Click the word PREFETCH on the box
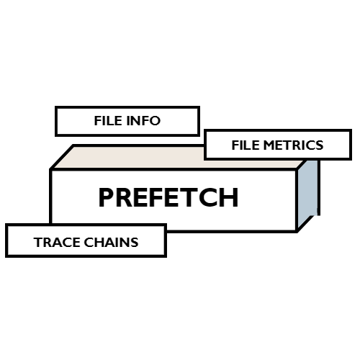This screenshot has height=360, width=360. (x=168, y=197)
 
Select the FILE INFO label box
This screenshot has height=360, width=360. (x=127, y=121)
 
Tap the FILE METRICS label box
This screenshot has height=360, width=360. (x=277, y=145)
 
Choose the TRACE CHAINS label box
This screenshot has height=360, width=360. (x=86, y=241)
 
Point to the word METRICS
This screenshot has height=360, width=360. (x=293, y=145)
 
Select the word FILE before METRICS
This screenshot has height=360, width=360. (x=245, y=145)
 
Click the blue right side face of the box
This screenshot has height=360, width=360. (x=307, y=191)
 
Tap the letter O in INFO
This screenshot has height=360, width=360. (x=155, y=121)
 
